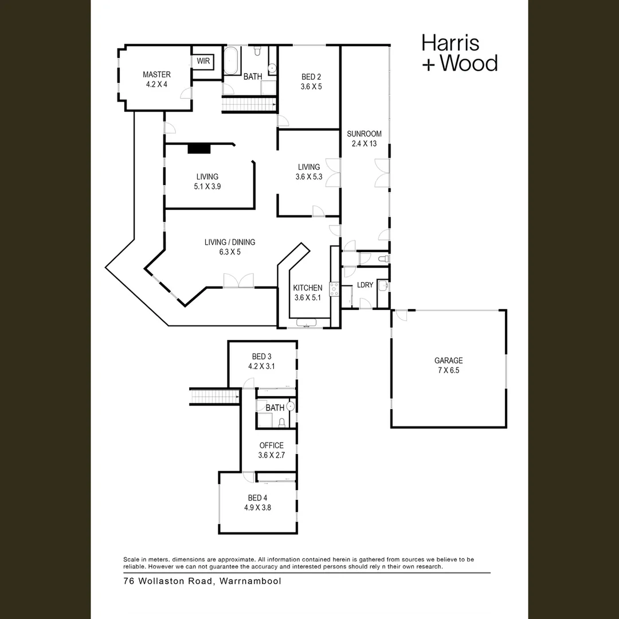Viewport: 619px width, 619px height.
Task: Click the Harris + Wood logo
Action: pyautogui.click(x=459, y=53)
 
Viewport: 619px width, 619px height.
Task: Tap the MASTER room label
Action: pyautogui.click(x=156, y=75)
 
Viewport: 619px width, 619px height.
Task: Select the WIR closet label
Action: pyautogui.click(x=203, y=61)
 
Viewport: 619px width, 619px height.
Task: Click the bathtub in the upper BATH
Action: pyautogui.click(x=232, y=61)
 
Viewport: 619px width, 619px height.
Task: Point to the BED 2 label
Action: pyautogui.click(x=311, y=77)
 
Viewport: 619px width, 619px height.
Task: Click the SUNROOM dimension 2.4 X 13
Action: pyautogui.click(x=364, y=144)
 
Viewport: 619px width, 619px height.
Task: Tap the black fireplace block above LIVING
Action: pyautogui.click(x=199, y=148)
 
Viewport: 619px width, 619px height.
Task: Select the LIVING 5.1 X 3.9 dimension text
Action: pyautogui.click(x=207, y=187)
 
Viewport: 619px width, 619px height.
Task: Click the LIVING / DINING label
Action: pyautogui.click(x=230, y=242)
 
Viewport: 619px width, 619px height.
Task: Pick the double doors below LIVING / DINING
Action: pyautogui.click(x=238, y=281)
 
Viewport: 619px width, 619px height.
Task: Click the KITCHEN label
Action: pyautogui.click(x=308, y=288)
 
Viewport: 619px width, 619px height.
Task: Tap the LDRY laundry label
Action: pyautogui.click(x=365, y=285)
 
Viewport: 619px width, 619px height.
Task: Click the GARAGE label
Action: pyautogui.click(x=448, y=361)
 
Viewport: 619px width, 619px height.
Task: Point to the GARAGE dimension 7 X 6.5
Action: pyautogui.click(x=448, y=370)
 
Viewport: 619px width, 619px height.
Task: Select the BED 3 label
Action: pyautogui.click(x=261, y=356)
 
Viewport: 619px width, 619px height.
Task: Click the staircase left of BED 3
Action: pyautogui.click(x=214, y=396)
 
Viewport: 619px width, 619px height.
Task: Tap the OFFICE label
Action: pyautogui.click(x=271, y=445)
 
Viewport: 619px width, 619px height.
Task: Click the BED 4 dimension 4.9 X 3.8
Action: pyautogui.click(x=257, y=507)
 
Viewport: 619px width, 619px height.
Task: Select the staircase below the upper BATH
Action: pyautogui.click(x=249, y=104)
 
